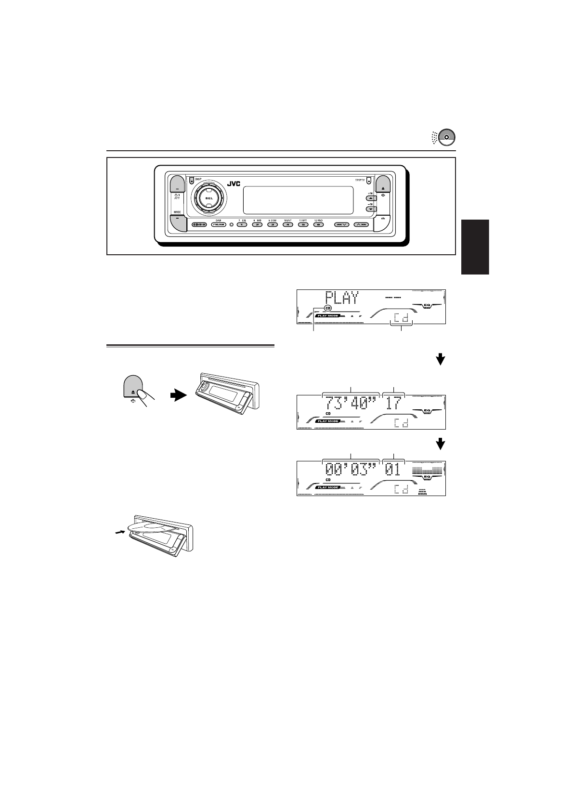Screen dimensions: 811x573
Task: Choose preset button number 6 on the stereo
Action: click(x=318, y=224)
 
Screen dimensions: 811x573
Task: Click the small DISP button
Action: click(x=192, y=181)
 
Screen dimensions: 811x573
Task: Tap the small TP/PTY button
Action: click(x=368, y=182)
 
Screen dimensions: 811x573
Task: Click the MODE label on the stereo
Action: click(x=177, y=212)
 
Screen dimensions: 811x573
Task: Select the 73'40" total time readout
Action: click(x=350, y=403)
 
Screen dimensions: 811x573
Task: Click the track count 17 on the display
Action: click(x=394, y=403)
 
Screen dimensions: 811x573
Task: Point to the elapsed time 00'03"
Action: click(x=350, y=469)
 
